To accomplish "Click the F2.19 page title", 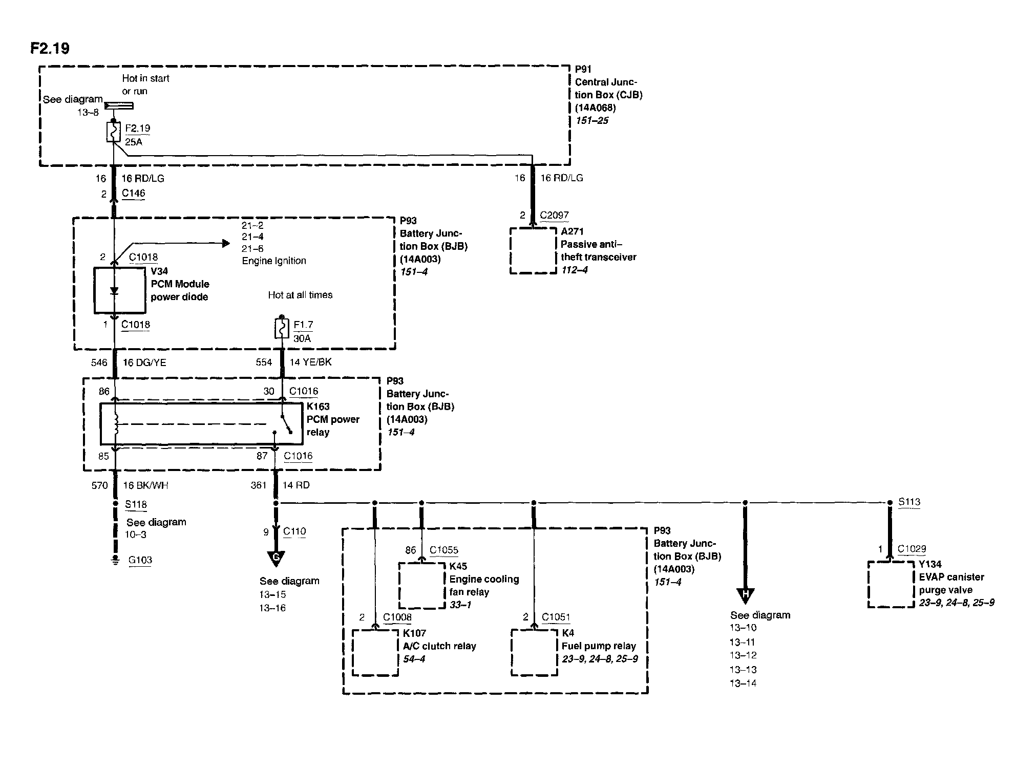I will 50,48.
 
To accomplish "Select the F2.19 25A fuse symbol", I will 114,132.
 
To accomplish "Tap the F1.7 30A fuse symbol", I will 281,329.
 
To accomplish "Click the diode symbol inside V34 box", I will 114,291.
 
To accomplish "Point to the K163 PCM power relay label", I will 333,419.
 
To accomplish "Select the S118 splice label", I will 136,504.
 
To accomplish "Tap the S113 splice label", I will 909,502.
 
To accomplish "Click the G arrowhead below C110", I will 276,558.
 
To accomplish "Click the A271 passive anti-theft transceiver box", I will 533,250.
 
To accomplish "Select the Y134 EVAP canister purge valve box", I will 891,584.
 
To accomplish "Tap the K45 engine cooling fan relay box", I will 421,585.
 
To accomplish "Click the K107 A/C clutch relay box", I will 375,652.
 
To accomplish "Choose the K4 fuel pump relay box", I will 534,652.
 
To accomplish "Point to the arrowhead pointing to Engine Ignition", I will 226,244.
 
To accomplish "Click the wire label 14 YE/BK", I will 310,362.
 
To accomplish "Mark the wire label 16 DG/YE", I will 144,362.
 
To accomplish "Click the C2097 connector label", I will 554,215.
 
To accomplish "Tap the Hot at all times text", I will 300,295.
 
